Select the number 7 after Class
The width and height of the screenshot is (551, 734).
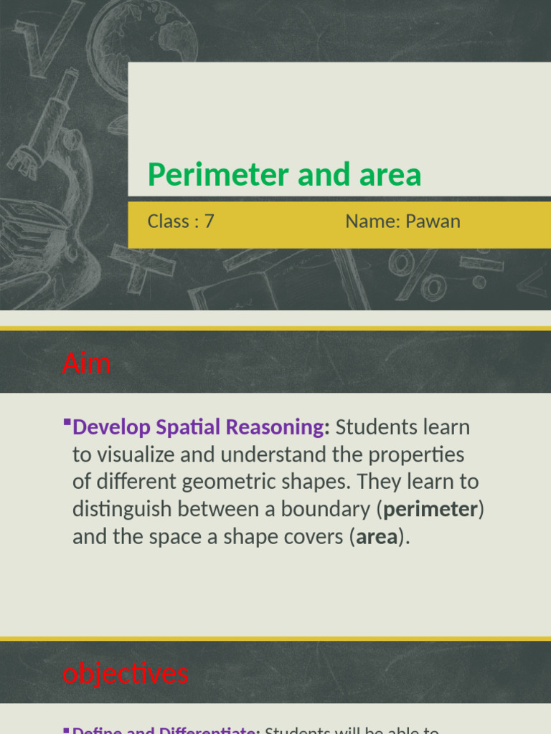(x=209, y=221)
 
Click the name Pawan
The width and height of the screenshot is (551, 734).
(x=433, y=221)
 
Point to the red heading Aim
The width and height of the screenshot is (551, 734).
(x=86, y=363)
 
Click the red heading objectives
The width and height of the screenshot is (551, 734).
(x=126, y=673)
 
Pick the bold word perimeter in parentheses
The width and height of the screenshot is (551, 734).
(x=430, y=510)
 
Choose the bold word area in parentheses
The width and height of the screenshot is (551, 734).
(x=377, y=538)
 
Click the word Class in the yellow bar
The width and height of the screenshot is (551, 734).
(x=168, y=221)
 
